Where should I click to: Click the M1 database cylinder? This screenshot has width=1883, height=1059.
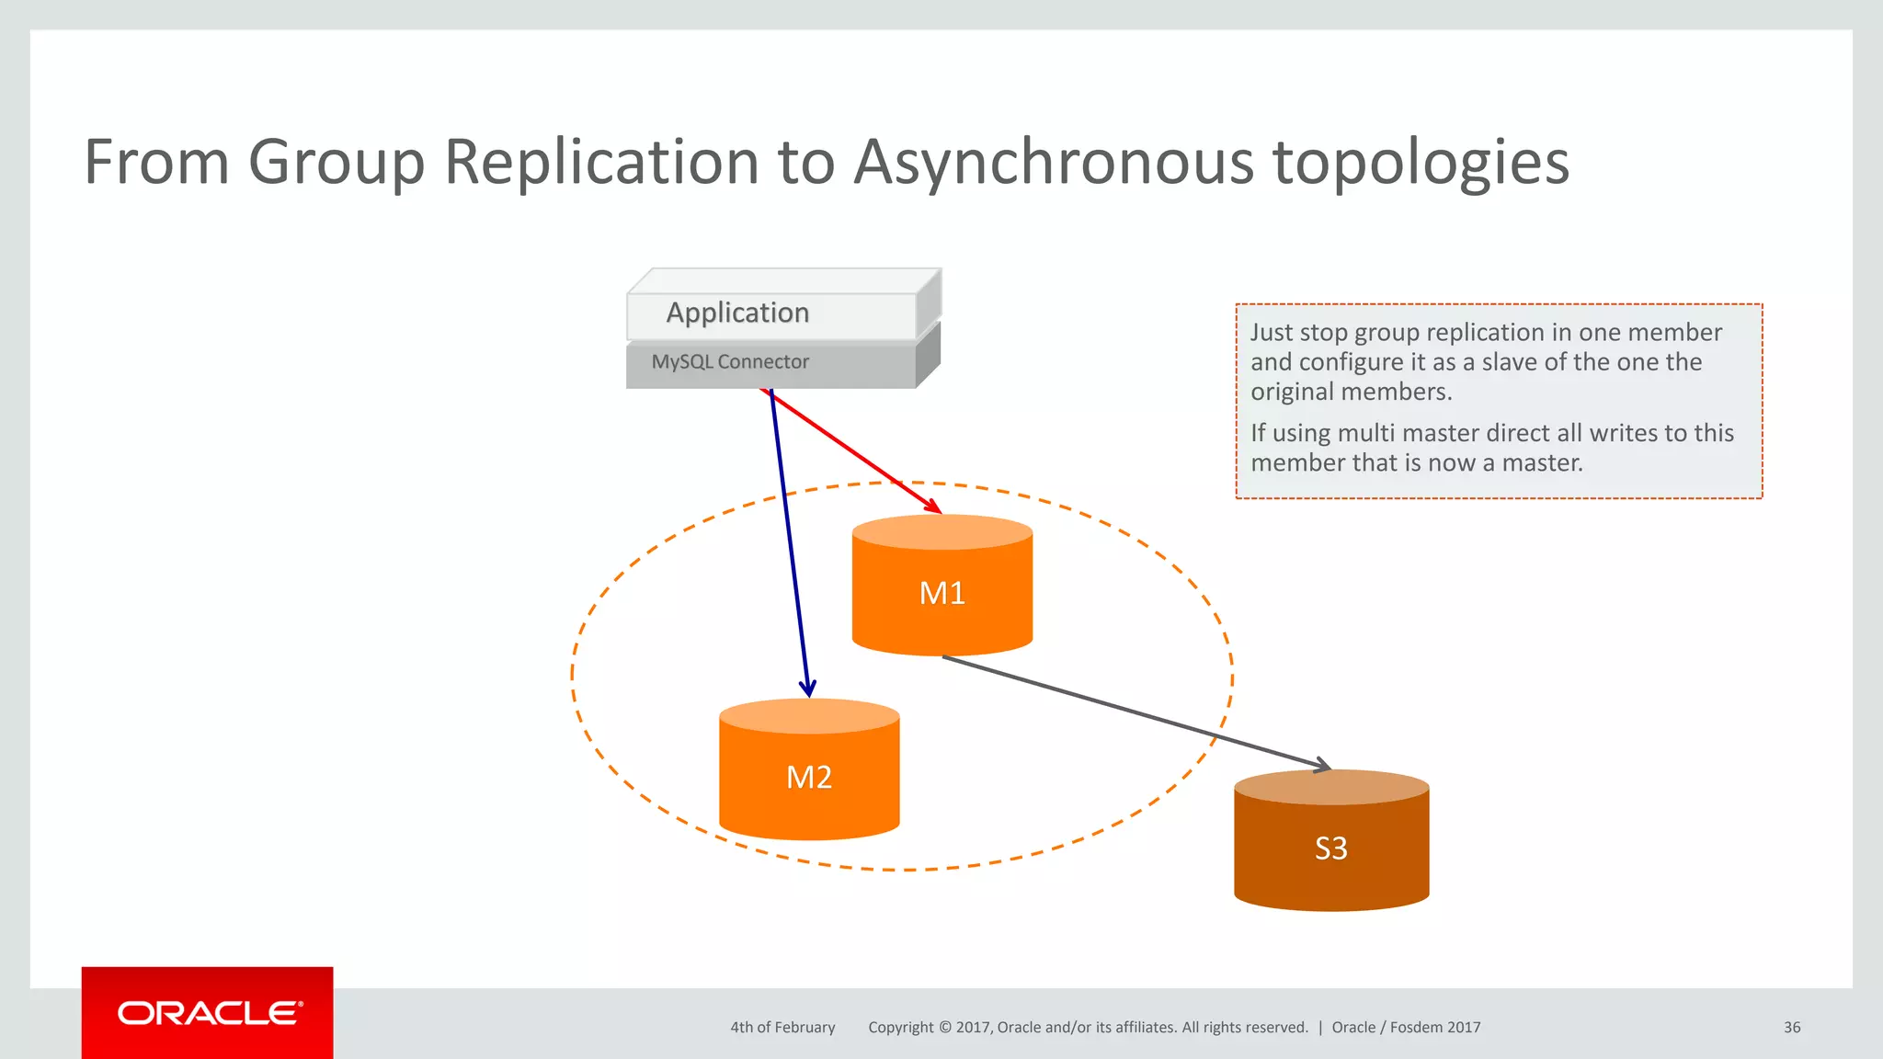(x=941, y=588)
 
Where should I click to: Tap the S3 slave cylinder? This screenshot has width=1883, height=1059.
(x=1330, y=846)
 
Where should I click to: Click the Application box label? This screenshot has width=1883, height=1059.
(x=737, y=313)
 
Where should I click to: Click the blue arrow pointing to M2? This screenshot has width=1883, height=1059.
(x=789, y=542)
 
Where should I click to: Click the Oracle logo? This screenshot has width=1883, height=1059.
(x=209, y=1013)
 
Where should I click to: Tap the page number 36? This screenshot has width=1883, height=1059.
(x=1791, y=1028)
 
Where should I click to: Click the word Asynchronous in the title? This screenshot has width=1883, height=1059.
(x=1054, y=163)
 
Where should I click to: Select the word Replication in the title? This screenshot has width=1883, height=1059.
(x=601, y=163)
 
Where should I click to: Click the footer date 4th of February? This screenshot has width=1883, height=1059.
(x=782, y=1028)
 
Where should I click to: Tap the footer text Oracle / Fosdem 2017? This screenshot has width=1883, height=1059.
(x=1406, y=1028)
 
